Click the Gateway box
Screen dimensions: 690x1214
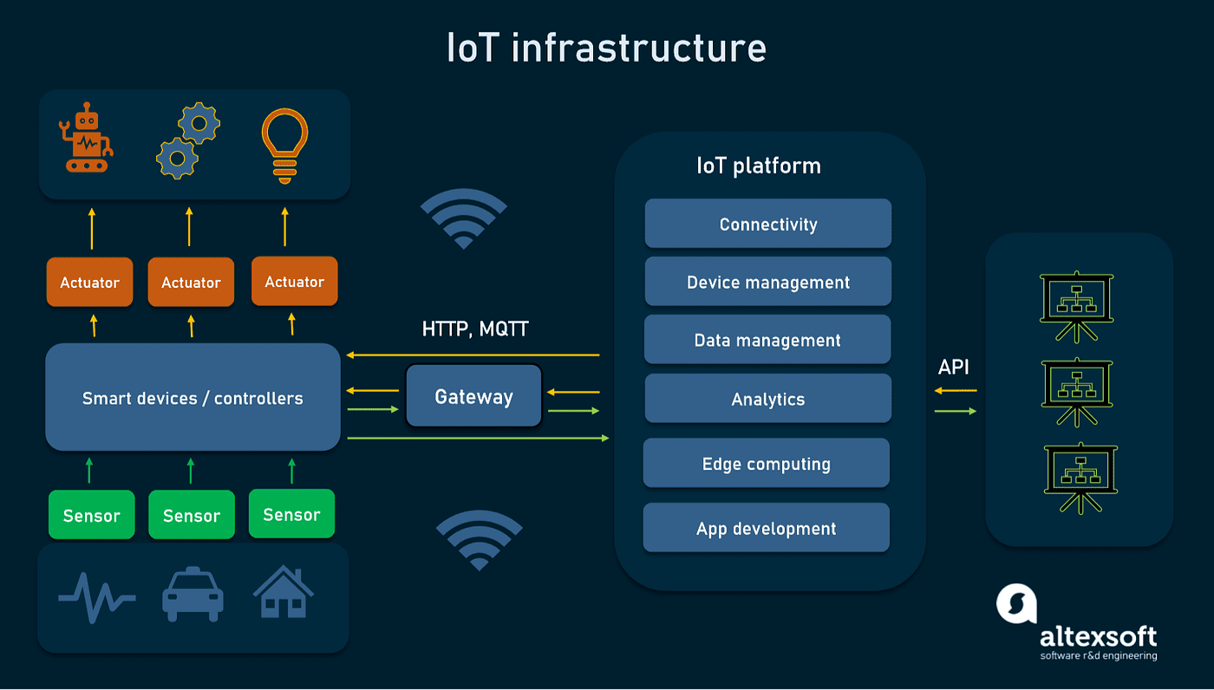[473, 396]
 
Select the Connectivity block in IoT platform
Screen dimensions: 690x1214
[768, 224]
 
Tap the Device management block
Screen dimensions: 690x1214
[768, 282]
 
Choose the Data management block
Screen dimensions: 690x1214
[767, 340]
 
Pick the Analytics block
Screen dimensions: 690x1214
[768, 399]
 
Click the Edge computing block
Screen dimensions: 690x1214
[767, 464]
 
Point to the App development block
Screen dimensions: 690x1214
[767, 528]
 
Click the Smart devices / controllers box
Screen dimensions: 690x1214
[193, 398]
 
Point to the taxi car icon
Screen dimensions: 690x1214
[193, 595]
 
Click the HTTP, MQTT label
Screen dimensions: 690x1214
[475, 329]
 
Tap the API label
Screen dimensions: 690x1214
[954, 367]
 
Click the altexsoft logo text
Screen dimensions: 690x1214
[1099, 638]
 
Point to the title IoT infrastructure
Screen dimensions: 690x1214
[606, 48]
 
